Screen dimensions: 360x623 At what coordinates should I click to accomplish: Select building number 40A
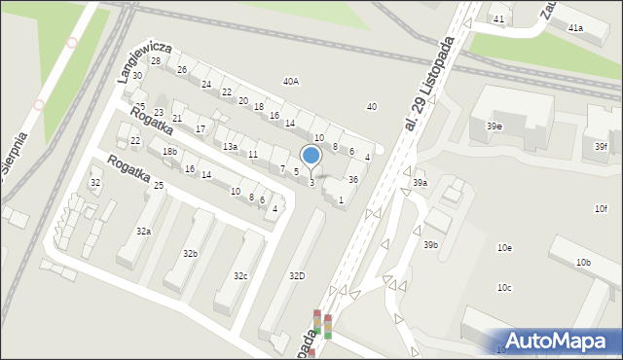(290, 82)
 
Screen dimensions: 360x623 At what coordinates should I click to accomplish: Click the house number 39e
(495, 126)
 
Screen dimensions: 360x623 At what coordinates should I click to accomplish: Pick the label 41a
(575, 28)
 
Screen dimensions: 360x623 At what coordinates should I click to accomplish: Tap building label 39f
(602, 147)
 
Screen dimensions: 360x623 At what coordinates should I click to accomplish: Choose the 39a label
(419, 183)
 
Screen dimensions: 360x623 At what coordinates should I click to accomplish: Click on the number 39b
(430, 245)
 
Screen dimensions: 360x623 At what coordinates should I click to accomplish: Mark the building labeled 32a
(143, 232)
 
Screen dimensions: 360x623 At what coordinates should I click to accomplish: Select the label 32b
(190, 254)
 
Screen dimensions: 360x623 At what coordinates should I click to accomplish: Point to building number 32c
(239, 276)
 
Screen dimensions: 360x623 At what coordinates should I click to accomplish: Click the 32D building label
(296, 276)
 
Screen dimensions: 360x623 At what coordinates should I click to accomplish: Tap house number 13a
(229, 146)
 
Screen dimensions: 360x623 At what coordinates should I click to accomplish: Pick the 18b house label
(169, 152)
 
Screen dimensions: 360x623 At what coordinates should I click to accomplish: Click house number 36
(353, 180)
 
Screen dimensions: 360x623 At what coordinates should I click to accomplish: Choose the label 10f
(601, 209)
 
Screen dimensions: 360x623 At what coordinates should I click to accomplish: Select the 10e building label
(504, 248)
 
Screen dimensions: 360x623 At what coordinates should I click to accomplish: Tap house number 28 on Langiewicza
(156, 61)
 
